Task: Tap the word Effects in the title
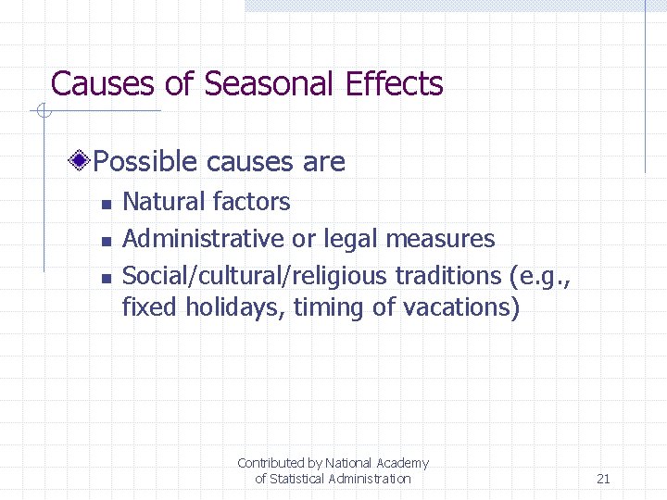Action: tap(395, 84)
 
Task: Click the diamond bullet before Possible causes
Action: tap(82, 162)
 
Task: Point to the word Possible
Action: tap(146, 162)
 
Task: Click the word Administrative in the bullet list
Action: tap(204, 239)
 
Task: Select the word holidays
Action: tap(236, 307)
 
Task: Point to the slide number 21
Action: tap(603, 479)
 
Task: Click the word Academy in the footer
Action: tap(402, 463)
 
